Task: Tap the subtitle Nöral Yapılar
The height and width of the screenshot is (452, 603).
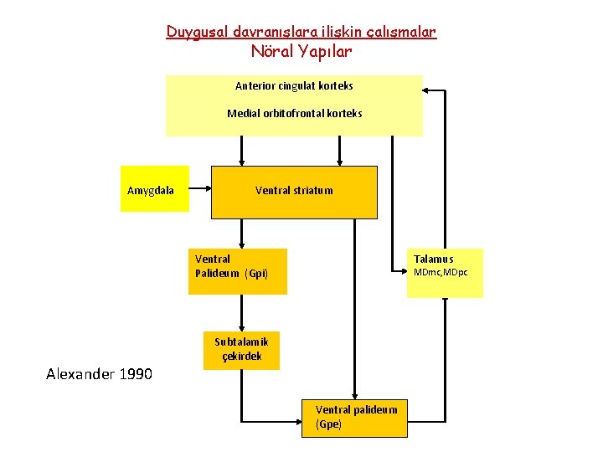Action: coord(301,51)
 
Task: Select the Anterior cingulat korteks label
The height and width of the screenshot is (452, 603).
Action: coord(294,85)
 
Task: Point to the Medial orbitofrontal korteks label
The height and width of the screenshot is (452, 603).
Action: coord(294,113)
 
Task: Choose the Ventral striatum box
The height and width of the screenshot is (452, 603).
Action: coord(294,191)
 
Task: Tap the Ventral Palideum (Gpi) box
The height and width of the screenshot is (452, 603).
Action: coord(238,271)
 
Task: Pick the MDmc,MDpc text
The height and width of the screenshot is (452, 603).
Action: coord(441,273)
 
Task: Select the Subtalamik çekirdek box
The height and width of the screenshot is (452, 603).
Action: coord(241,349)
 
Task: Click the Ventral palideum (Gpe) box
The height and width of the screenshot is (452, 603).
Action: coord(355,417)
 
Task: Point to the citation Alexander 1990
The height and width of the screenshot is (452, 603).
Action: coord(99,373)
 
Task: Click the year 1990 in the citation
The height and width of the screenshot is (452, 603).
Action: coord(136,373)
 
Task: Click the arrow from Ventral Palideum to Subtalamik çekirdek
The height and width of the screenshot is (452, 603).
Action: coord(241,314)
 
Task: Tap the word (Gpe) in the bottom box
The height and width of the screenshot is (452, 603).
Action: coord(328,424)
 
